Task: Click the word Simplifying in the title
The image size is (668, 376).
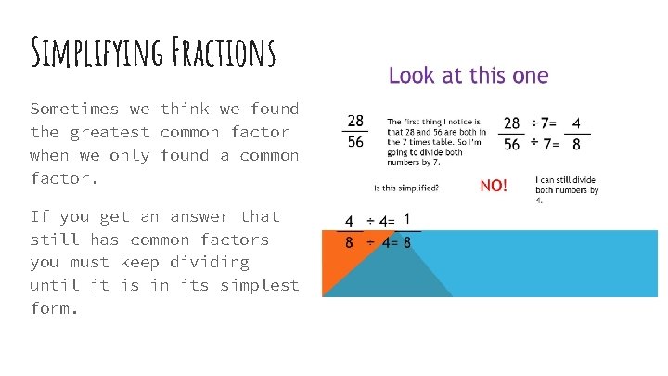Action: coord(88,54)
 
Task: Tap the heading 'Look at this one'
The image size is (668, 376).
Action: coord(469,75)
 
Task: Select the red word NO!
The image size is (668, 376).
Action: coord(493,186)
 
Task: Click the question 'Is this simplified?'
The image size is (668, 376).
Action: coord(406,187)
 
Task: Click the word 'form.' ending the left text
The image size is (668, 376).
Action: coord(54,308)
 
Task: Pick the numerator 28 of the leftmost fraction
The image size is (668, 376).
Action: coord(355,121)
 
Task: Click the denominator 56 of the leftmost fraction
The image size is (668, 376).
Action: coord(355,142)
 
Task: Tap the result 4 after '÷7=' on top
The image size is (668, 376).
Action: coord(576,122)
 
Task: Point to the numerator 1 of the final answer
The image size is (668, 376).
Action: coord(406,220)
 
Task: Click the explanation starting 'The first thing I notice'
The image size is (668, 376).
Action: coord(434,142)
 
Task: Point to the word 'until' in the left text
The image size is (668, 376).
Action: coord(54,285)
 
